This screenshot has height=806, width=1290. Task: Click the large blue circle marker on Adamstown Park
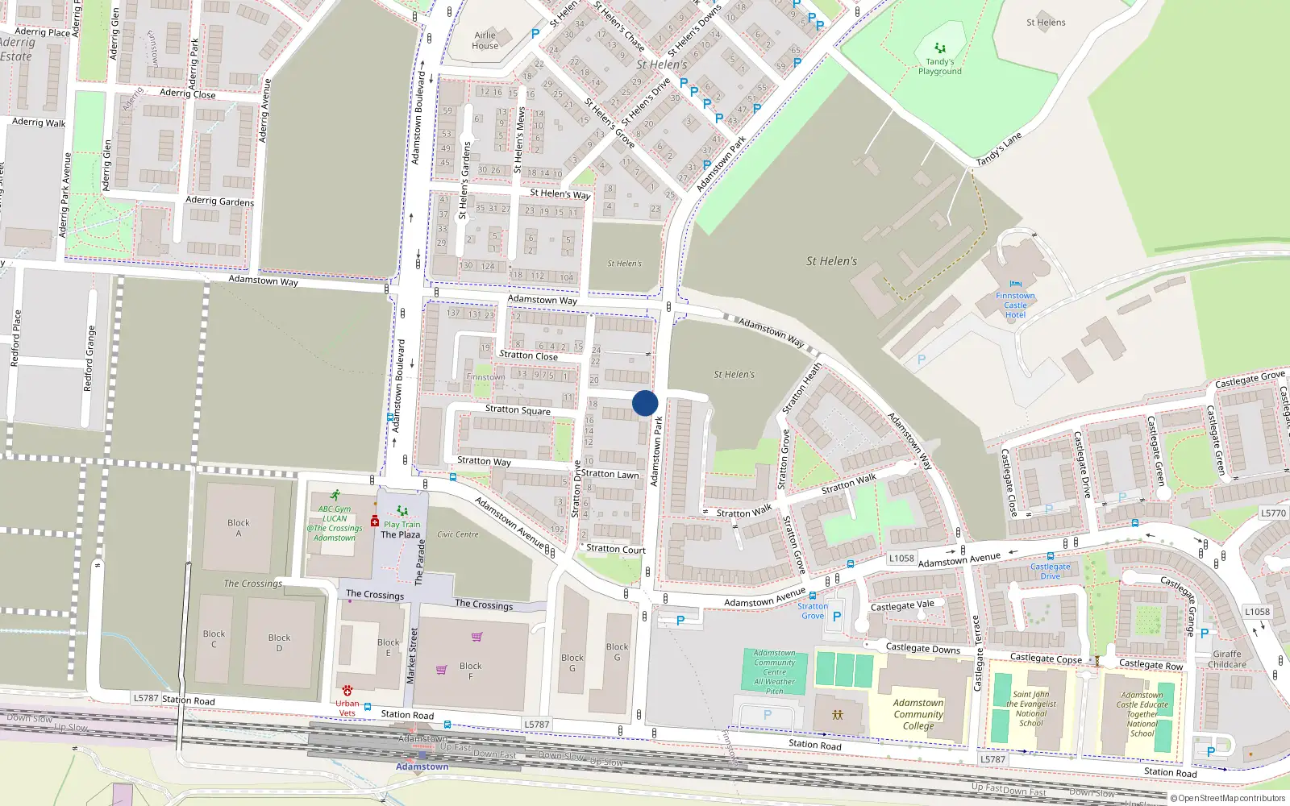(x=645, y=403)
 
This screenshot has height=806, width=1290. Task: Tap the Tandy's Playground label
(x=939, y=66)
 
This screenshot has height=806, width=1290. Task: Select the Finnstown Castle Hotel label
(x=1015, y=305)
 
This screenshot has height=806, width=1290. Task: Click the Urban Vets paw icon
(x=347, y=691)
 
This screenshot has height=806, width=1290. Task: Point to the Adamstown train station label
(x=422, y=766)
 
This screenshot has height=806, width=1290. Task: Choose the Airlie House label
(x=485, y=40)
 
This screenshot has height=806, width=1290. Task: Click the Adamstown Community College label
(x=918, y=714)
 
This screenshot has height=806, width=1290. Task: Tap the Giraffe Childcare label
(x=1226, y=659)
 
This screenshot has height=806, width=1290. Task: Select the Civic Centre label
(x=457, y=534)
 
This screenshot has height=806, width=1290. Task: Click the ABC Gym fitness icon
(x=335, y=496)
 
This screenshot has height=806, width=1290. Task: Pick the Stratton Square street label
(x=518, y=409)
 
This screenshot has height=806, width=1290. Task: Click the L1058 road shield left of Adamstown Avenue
(x=901, y=558)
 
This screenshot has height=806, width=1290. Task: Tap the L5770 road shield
(x=1273, y=513)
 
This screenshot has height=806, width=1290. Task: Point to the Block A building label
(x=238, y=528)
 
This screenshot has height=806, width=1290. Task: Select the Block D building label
(x=279, y=642)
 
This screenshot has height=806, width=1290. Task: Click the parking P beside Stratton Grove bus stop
(x=836, y=617)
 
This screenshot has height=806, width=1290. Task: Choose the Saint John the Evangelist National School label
(x=1030, y=708)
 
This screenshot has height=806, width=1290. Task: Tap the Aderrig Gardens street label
(x=219, y=201)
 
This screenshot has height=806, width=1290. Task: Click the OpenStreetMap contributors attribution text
(x=1231, y=798)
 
